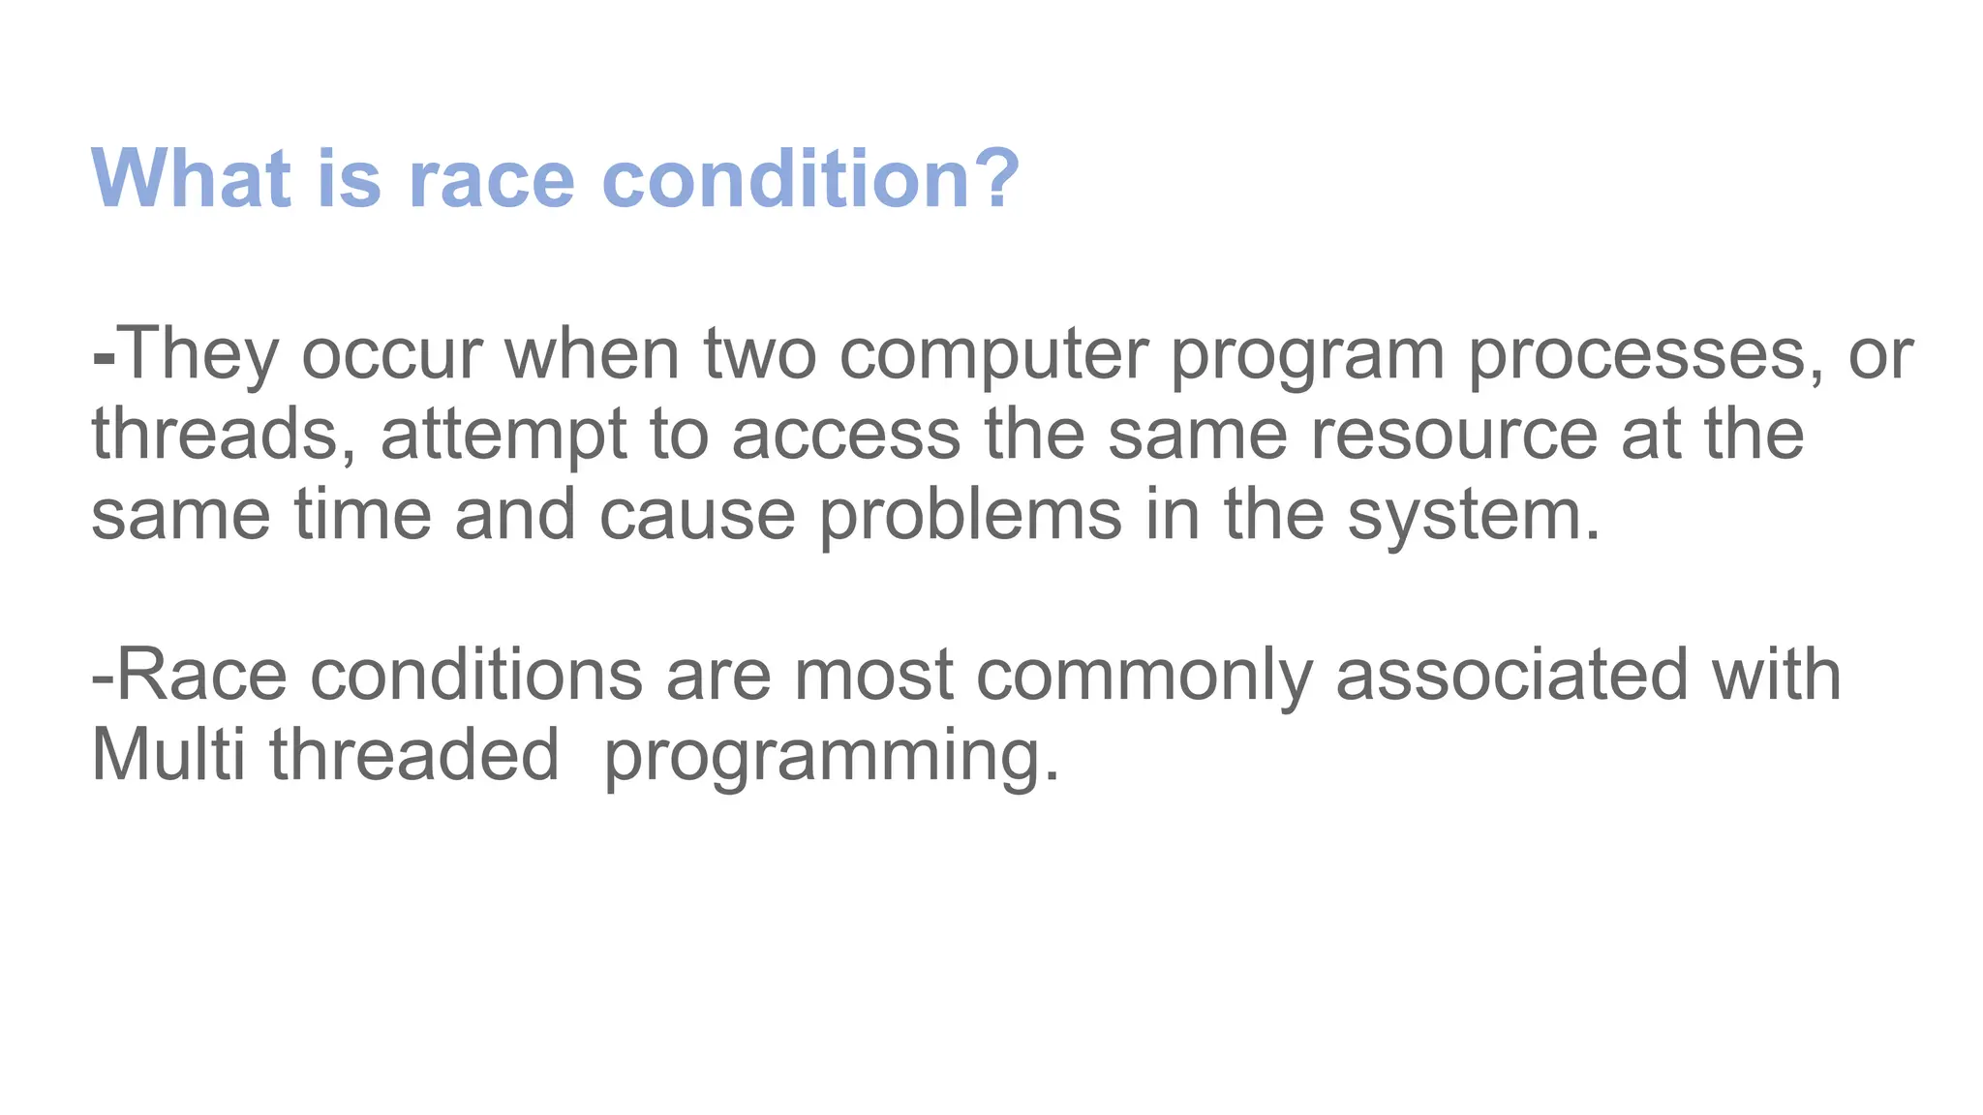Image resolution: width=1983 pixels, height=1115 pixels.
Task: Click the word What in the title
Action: (x=191, y=178)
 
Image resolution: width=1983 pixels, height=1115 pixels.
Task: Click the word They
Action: (x=198, y=354)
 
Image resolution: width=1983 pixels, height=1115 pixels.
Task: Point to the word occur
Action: (x=391, y=356)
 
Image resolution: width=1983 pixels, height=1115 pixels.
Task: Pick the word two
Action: (x=759, y=354)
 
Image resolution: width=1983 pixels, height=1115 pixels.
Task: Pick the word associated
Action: (x=1511, y=676)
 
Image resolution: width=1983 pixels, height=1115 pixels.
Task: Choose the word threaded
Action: (x=414, y=755)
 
